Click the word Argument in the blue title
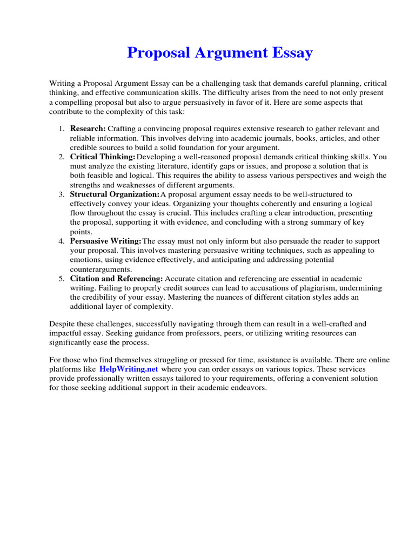pyautogui.click(x=234, y=53)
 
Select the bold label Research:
pyautogui.click(x=88, y=129)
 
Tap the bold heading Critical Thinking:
pyautogui.click(x=103, y=157)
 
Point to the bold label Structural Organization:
pyautogui.click(x=115, y=194)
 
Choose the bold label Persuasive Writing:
pyautogui.click(x=106, y=241)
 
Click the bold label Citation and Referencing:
pyautogui.click(x=116, y=278)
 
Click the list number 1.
pyautogui.click(x=61, y=129)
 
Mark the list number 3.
pyautogui.click(x=61, y=194)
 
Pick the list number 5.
pyautogui.click(x=61, y=278)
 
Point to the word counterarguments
pyautogui.click(x=101, y=269)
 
